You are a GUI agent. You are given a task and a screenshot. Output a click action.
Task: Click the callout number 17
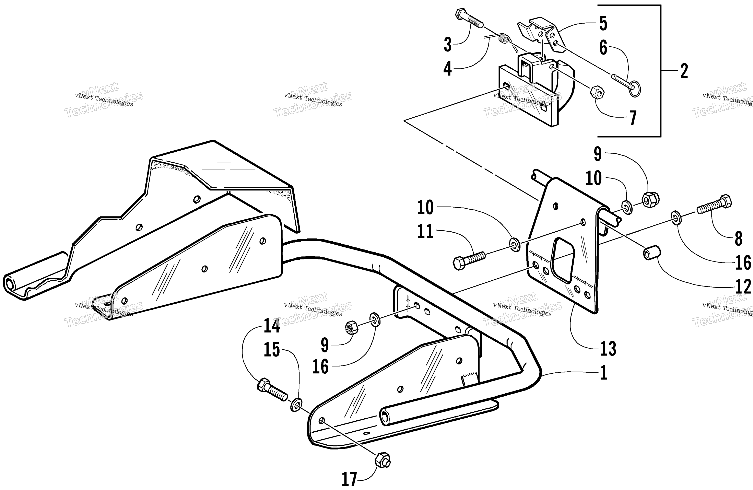click(349, 479)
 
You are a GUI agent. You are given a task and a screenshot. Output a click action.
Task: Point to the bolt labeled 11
click(469, 260)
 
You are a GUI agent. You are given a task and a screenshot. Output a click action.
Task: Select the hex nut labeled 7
click(597, 92)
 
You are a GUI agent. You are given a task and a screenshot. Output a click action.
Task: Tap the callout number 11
click(425, 232)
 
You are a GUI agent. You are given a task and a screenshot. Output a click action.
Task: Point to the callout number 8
click(738, 238)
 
